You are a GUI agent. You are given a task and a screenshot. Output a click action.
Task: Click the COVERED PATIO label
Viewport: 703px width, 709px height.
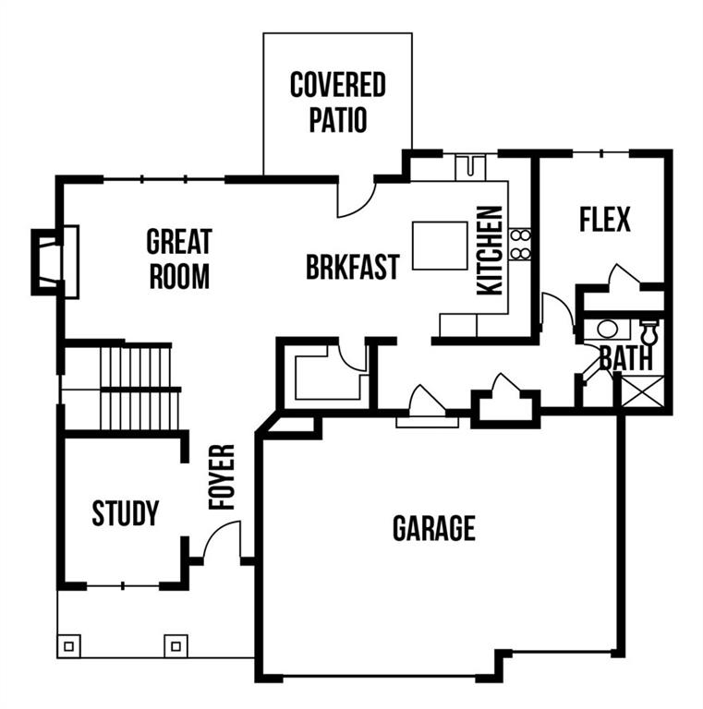coord(337,102)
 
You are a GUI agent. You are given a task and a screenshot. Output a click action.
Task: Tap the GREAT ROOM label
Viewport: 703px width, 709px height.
coord(179,258)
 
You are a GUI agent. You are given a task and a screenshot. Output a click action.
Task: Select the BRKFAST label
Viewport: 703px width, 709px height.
coord(353,266)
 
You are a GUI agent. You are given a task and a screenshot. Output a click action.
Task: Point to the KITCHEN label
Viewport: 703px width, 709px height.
coord(490,250)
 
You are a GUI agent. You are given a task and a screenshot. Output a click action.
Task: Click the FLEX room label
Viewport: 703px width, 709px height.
coord(605,220)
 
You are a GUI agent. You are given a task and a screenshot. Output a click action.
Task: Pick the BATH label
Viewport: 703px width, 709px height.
coord(625,358)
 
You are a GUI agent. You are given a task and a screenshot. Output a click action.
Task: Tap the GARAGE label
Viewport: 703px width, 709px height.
coord(434,528)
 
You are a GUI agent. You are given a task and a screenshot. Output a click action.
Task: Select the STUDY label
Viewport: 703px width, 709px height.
coord(126,513)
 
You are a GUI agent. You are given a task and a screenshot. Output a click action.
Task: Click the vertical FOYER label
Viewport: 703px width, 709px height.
coord(222,476)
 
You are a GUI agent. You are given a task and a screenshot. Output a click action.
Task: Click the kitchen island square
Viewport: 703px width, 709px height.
coord(440,245)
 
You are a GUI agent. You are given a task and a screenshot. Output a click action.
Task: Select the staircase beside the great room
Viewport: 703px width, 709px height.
coord(139,387)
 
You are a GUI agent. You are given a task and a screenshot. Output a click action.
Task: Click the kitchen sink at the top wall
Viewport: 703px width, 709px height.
coord(470,167)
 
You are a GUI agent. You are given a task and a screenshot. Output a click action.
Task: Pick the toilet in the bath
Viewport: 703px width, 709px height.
coord(648,330)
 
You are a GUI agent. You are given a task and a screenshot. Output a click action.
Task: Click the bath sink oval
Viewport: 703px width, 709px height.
coord(607,329)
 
